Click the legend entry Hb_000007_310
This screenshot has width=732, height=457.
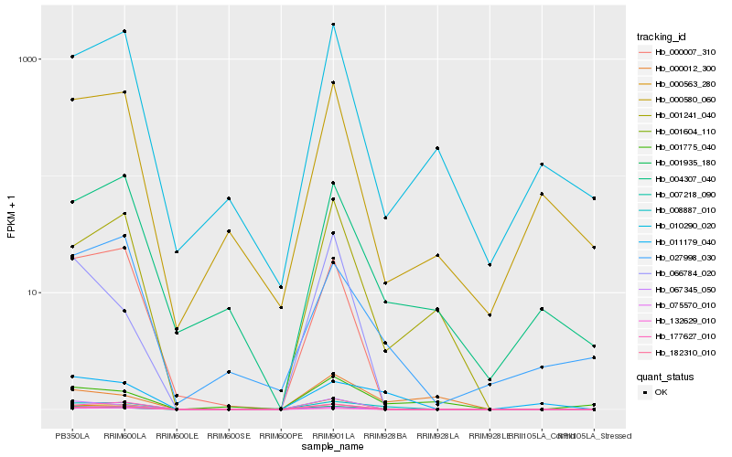(678, 52)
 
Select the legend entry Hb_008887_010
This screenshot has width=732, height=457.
(678, 210)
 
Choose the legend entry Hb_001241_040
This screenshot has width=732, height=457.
(678, 115)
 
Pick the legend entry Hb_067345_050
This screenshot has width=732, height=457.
(678, 289)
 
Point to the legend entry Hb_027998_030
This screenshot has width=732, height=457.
(678, 258)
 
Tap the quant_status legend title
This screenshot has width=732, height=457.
(665, 376)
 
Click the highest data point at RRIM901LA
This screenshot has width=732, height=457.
(333, 25)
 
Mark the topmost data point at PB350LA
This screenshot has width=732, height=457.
(72, 57)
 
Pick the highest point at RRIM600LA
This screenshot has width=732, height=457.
(124, 31)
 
